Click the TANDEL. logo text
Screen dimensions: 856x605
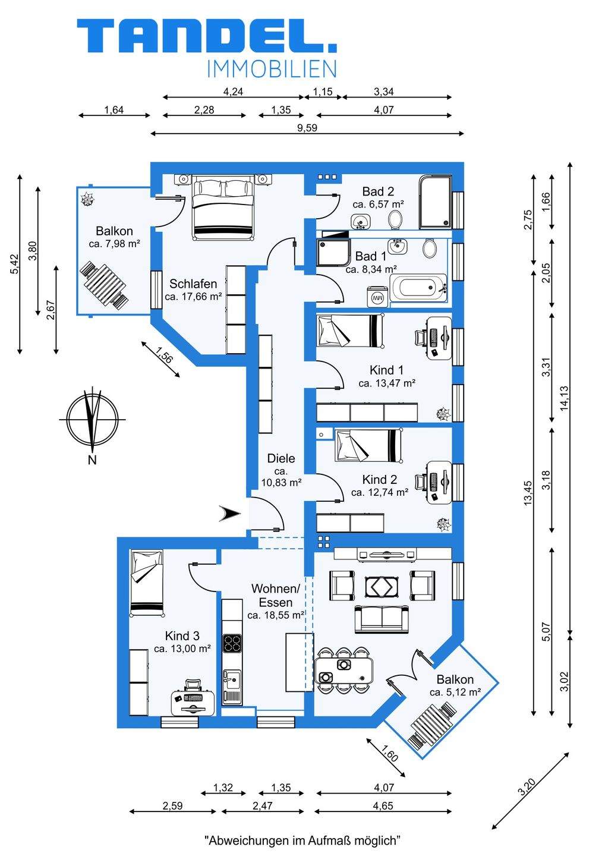(x=206, y=37)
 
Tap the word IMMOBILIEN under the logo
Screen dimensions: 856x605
(x=272, y=69)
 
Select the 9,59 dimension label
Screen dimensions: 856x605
(x=307, y=128)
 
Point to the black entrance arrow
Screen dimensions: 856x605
(x=229, y=513)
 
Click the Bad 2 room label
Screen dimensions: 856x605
(x=378, y=191)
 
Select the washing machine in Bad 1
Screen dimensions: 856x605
(x=376, y=296)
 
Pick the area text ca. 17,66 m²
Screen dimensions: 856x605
(x=194, y=296)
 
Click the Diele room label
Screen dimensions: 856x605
(x=281, y=458)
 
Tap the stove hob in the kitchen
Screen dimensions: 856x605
(x=232, y=643)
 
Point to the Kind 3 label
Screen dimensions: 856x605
(x=182, y=636)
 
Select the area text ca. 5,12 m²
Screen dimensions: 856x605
(x=455, y=692)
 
